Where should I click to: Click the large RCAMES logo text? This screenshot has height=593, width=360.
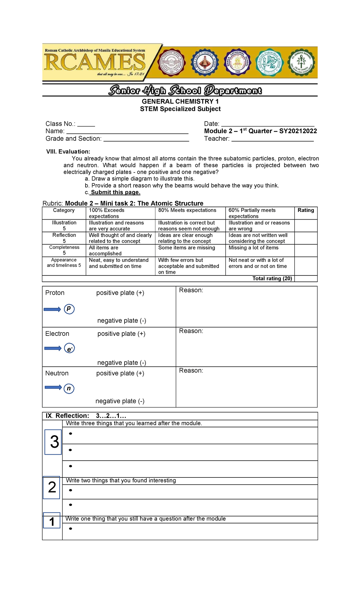[x=95, y=63]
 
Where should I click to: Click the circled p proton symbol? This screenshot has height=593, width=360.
[x=69, y=309]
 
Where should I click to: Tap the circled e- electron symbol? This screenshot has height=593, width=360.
[x=69, y=348]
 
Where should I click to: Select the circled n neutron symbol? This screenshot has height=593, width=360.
[x=69, y=388]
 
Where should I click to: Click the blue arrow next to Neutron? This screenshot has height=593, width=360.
[x=53, y=387]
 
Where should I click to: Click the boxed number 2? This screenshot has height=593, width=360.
[x=52, y=487]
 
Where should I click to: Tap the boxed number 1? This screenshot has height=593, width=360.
[x=52, y=522]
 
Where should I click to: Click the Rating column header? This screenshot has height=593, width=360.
[x=305, y=210]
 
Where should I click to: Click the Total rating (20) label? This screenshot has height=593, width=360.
[x=272, y=278]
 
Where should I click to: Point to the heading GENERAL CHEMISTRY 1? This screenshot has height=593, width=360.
[x=180, y=101]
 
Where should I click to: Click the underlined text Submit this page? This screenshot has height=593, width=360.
[x=115, y=192]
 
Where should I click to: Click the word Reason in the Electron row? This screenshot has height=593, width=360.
[x=191, y=331]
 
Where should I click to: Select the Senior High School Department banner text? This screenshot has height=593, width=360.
[x=185, y=90]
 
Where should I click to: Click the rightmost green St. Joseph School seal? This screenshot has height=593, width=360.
[x=301, y=63]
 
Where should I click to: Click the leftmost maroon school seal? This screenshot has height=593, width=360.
[x=172, y=63]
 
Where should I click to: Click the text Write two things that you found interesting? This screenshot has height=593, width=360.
[x=121, y=480]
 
